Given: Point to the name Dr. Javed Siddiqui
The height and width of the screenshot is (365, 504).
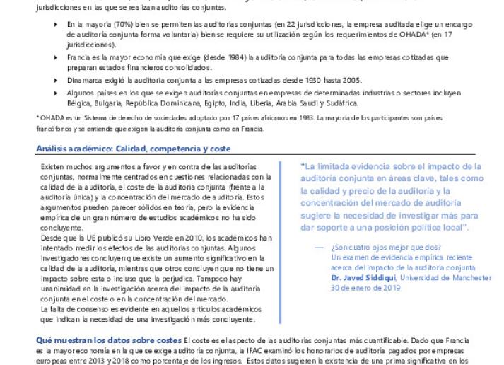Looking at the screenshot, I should [363, 278].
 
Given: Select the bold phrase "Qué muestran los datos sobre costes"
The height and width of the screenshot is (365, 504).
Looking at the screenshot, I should [108, 340].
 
